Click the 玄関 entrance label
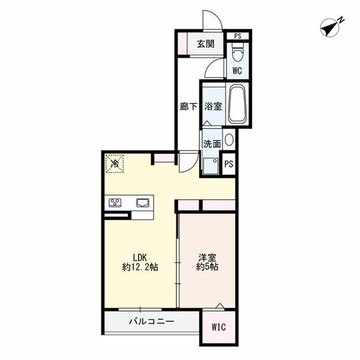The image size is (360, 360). [206, 44]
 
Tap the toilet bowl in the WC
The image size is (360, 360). [238, 52]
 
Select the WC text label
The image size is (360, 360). [237, 71]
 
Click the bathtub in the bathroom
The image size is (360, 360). [238, 105]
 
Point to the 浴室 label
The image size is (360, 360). [213, 106]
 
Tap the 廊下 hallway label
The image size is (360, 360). [188, 107]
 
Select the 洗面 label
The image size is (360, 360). [212, 144]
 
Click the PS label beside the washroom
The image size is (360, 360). [229, 164]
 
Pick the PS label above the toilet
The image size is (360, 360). [238, 36]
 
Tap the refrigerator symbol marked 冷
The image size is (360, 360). [115, 164]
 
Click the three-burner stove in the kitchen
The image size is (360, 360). [115, 203]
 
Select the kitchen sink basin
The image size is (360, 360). [143, 203]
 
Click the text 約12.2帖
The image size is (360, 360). [140, 267]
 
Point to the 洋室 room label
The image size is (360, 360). [208, 257]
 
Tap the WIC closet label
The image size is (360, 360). [218, 327]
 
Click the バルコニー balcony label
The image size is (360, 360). [152, 322]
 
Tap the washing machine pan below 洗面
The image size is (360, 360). [211, 166]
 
